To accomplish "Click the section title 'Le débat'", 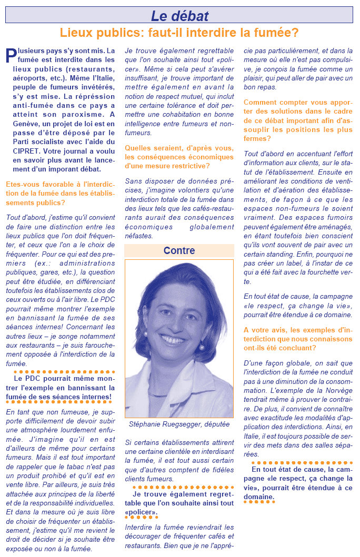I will [x=179, y=16].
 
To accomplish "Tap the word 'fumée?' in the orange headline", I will [x=278, y=33].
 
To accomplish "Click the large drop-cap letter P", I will [x=11, y=57].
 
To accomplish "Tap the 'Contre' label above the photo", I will [x=179, y=251].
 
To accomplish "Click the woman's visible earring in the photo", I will [x=201, y=347].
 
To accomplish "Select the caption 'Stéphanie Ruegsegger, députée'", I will [x=179, y=424].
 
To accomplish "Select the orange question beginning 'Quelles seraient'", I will [x=179, y=157].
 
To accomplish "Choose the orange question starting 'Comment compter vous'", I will [x=298, y=119].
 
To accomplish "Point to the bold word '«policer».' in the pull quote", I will [x=141, y=511].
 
